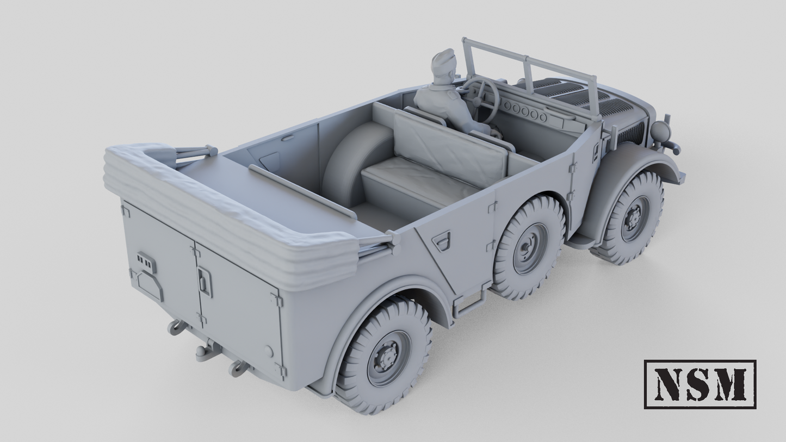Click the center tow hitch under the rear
click(208, 351)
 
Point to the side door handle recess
click(442, 240)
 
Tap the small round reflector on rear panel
click(268, 351)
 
